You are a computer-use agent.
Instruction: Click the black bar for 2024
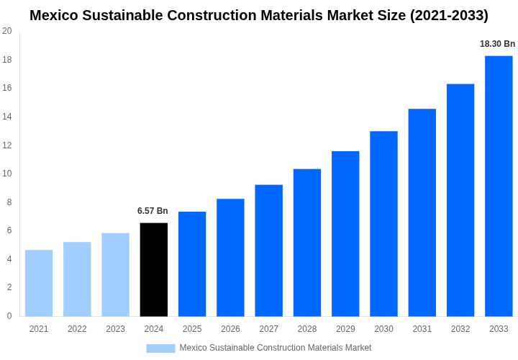[x=153, y=269]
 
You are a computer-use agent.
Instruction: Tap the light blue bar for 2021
[x=39, y=283]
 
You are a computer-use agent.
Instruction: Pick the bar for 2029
[x=345, y=233]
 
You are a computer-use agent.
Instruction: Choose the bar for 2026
[x=230, y=257]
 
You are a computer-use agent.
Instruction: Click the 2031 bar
[x=422, y=212]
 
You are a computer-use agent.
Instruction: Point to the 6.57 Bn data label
[x=153, y=211]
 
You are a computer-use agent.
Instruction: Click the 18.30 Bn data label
[x=497, y=44]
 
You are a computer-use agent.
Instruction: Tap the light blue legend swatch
[x=160, y=348]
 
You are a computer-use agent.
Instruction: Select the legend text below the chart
[x=275, y=348]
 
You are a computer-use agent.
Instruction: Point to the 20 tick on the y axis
[x=7, y=31]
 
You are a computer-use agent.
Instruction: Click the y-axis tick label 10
[x=7, y=174]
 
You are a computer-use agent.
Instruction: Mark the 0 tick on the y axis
[x=9, y=316]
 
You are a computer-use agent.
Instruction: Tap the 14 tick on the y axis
[x=7, y=117]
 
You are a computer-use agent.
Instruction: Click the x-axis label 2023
[x=115, y=329]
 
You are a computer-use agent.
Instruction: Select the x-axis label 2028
[x=307, y=329]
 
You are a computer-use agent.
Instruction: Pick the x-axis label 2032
[x=460, y=329]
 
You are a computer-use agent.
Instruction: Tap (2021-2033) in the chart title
[x=449, y=15]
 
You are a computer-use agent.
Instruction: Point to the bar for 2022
[x=77, y=279]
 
